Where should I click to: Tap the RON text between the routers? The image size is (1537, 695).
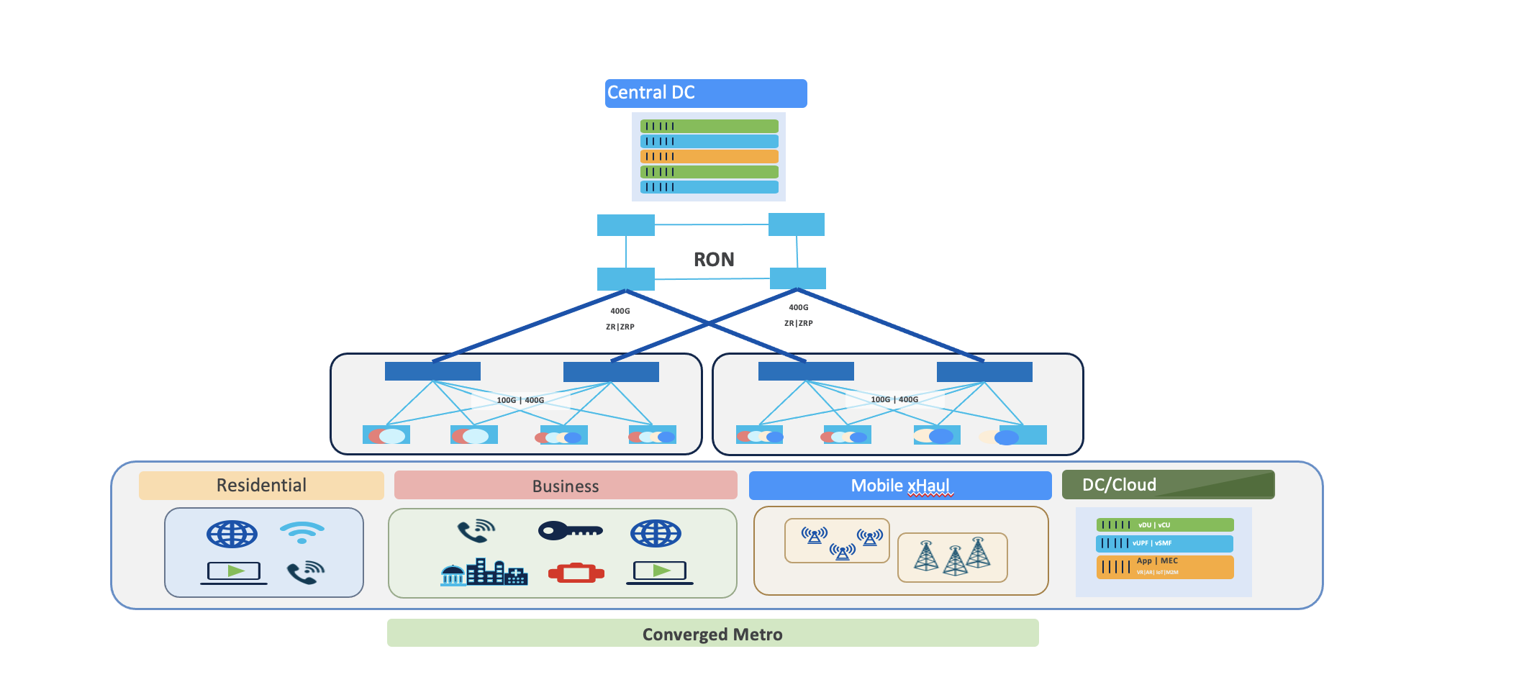[714, 259]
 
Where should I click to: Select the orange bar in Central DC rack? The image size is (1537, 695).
[709, 156]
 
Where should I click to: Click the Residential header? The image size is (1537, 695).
[261, 486]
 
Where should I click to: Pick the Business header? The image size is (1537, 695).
[566, 486]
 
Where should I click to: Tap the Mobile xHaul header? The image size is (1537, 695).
[899, 486]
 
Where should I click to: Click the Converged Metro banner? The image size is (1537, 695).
[712, 634]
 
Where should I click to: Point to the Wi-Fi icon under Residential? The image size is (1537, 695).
[302, 532]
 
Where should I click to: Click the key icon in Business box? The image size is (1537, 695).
[570, 531]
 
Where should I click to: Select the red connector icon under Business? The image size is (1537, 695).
[576, 573]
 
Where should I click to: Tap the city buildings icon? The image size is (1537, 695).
[484, 573]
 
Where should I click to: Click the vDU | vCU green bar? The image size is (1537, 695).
[1164, 525]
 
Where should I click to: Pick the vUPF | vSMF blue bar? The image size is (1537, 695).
[1164, 543]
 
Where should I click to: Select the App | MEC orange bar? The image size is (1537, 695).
[1164, 567]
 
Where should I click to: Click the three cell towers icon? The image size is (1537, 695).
[952, 557]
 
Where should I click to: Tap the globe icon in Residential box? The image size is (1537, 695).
[232, 534]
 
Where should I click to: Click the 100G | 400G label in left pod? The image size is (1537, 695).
[520, 400]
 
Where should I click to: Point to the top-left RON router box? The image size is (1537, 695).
[625, 225]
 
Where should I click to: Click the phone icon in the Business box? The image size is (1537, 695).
[476, 532]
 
